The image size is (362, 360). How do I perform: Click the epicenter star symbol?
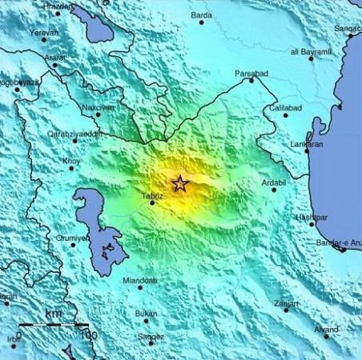180,184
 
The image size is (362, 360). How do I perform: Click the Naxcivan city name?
97,106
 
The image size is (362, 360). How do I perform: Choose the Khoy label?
71,160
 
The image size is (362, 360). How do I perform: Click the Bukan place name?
147,314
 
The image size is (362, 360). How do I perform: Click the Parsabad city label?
251,73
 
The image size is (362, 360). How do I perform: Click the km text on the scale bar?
54,313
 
